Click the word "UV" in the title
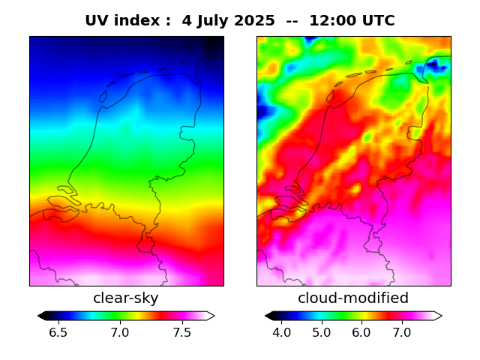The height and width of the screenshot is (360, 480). [x=97, y=20]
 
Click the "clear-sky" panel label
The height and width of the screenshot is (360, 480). [x=126, y=298]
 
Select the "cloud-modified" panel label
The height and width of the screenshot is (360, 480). [x=353, y=298]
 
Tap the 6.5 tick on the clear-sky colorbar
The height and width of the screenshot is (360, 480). [x=58, y=332]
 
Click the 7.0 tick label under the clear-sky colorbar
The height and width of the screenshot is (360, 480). [x=120, y=332]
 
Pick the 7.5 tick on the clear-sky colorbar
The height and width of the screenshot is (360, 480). [x=181, y=332]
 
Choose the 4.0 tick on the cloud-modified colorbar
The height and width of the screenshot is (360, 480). [x=282, y=332]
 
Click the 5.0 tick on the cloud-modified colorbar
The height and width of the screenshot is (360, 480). [x=322, y=332]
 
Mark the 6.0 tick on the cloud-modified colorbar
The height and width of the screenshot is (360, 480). [x=361, y=332]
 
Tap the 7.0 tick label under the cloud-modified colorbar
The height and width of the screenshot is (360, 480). [x=401, y=332]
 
